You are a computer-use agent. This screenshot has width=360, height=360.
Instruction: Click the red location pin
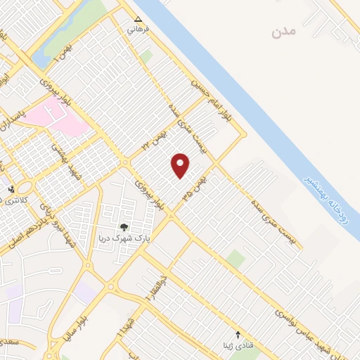pyautogui.click(x=181, y=165)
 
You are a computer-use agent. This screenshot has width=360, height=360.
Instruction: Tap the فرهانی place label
pyautogui.click(x=134, y=31)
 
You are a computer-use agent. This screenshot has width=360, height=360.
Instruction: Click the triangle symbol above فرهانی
pyautogui.click(x=138, y=20)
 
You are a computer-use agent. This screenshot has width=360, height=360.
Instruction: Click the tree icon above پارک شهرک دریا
pyautogui.click(x=124, y=226)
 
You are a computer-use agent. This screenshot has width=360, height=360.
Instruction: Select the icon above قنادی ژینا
pyautogui.click(x=237, y=334)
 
